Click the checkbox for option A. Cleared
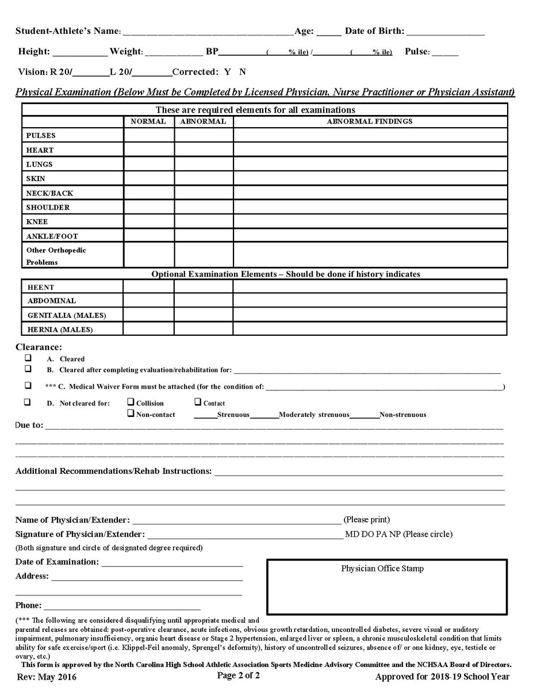(27, 358)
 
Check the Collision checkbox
(131, 402)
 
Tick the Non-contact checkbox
(131, 413)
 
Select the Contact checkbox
(198, 402)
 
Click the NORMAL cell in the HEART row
(149, 149)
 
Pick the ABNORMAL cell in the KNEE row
(204, 221)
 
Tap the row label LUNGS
(40, 164)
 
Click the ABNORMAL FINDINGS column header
(370, 121)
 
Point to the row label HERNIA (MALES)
(60, 330)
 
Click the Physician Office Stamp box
(386, 586)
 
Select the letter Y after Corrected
(227, 72)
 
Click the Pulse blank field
(445, 53)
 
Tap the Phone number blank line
(122, 606)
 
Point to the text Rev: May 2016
(46, 677)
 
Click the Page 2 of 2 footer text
(238, 675)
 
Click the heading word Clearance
(38, 347)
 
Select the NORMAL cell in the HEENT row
(148, 286)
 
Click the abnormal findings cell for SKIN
(370, 178)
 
